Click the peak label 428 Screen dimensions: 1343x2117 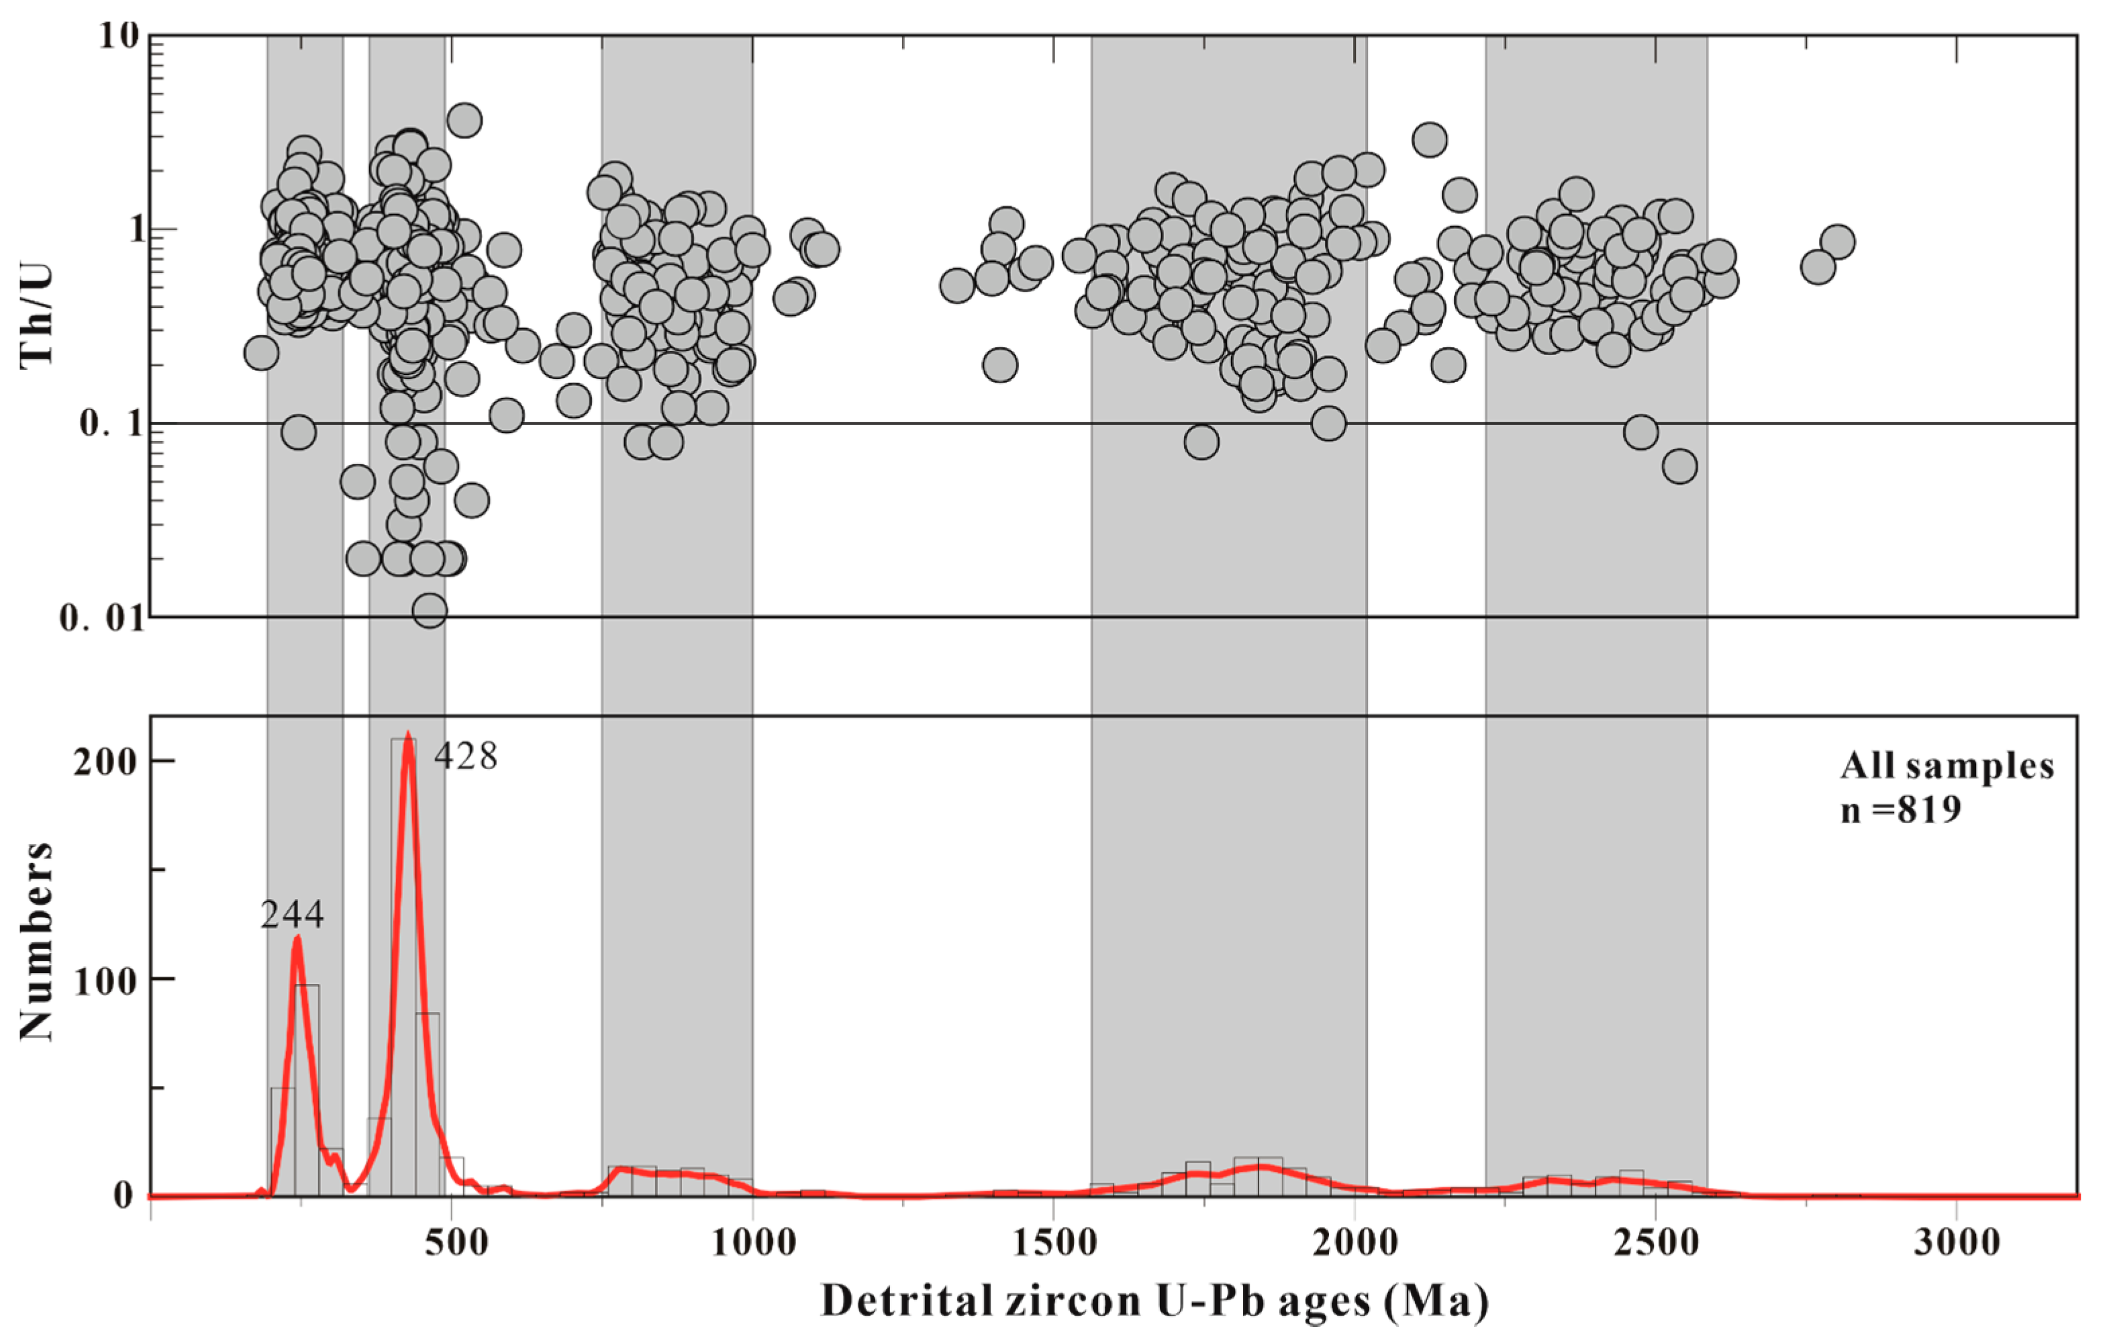coord(466,756)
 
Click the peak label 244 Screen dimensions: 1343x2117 coord(292,916)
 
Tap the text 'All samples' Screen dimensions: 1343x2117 coord(1947,766)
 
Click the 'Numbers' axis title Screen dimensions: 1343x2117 coord(37,940)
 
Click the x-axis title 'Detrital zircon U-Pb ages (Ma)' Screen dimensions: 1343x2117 coord(1154,1301)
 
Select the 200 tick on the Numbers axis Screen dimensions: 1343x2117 coord(105,762)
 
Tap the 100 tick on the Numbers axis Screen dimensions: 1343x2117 coord(105,980)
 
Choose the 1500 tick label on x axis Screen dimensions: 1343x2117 coord(1052,1243)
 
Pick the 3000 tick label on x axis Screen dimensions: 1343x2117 coord(1955,1243)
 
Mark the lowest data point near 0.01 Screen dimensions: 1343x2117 coord(430,609)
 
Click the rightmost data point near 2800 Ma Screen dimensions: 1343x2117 coord(1837,242)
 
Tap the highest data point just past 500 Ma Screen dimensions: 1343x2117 coord(464,119)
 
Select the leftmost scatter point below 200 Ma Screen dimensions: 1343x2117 coord(261,353)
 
